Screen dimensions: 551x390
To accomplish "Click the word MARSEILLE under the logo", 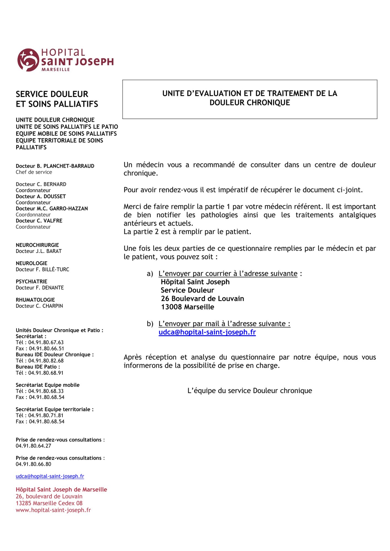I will [x=55, y=70].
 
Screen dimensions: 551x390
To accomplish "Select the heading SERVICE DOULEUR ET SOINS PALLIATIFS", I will [x=57, y=99].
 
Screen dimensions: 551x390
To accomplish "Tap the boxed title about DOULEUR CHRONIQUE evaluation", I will [x=249, y=98].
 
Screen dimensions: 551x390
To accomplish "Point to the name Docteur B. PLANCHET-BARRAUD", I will [x=55, y=166].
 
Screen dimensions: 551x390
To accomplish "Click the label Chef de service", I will [x=34, y=172].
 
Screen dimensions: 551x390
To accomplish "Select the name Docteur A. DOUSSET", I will [x=41, y=196].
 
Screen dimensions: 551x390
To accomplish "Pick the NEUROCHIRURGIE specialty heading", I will [x=37, y=245].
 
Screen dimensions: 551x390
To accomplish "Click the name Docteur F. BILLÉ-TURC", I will [x=42, y=269].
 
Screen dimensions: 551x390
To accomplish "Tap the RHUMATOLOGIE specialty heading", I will [x=35, y=300].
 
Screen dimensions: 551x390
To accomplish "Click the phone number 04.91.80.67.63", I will [x=46, y=342].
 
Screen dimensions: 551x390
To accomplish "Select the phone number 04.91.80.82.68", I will [x=46, y=361].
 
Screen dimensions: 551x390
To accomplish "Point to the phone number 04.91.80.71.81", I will [x=46, y=415].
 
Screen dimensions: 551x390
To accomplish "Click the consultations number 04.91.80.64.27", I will [x=33, y=446].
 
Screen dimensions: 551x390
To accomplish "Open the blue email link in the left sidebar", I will [x=50, y=476].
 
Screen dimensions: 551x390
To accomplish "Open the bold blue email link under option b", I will [x=207, y=332].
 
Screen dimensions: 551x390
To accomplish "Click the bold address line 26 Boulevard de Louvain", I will [x=202, y=299].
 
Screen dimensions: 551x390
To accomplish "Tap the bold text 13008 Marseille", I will [x=187, y=307].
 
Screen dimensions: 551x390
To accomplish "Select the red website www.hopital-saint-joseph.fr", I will [x=53, y=510].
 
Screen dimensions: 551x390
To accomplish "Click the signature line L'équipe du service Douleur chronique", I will [x=249, y=391].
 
